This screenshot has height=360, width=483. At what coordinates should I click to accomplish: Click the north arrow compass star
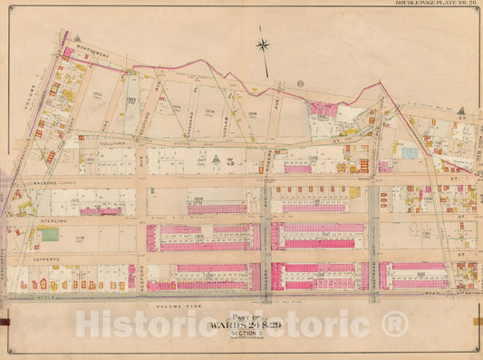263,44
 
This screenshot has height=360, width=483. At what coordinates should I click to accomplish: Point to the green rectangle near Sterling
49,234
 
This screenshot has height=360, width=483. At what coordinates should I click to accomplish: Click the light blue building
410,153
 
